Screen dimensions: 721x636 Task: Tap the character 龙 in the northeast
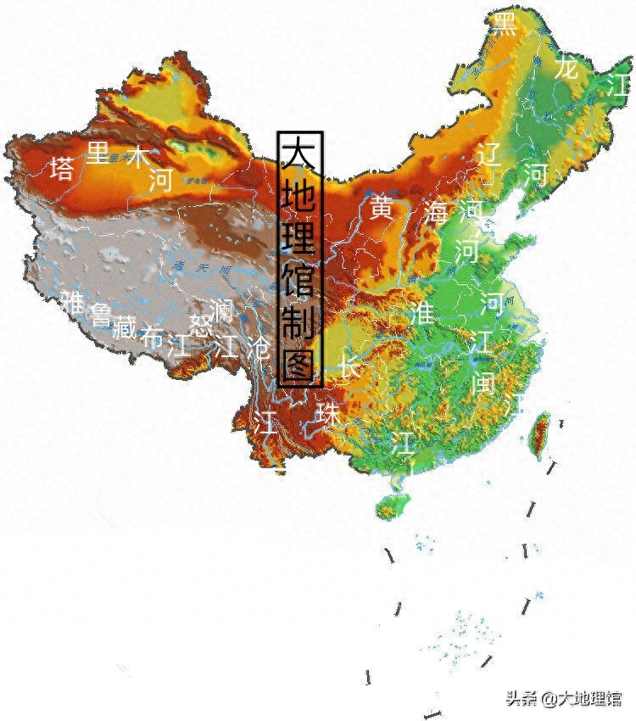(566, 68)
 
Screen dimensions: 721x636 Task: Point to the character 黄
(381, 207)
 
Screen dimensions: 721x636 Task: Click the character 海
(438, 212)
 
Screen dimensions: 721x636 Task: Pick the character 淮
(421, 312)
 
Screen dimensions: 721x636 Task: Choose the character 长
(349, 366)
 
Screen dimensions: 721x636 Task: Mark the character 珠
(327, 413)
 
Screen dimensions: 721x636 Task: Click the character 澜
(221, 310)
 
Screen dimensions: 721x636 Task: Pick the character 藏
(124, 326)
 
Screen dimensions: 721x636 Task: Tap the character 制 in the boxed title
(299, 321)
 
